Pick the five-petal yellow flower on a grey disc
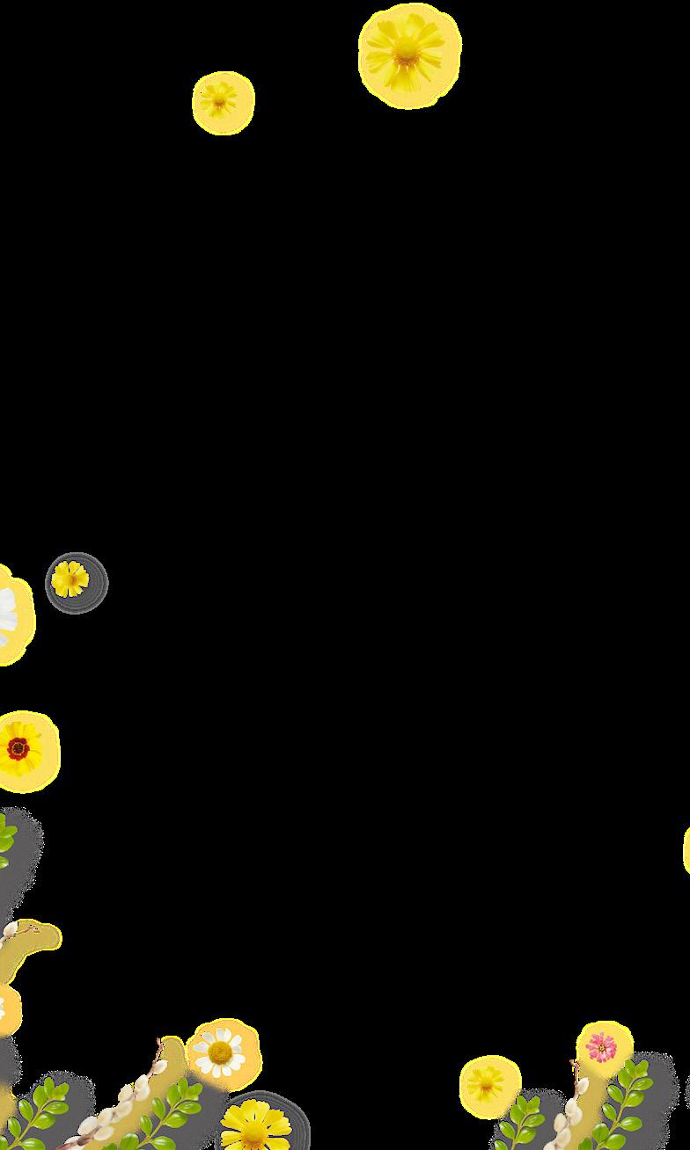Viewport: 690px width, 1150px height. (x=70, y=579)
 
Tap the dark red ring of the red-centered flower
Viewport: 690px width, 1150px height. (x=18, y=748)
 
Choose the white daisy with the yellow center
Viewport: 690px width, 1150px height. (x=219, y=1052)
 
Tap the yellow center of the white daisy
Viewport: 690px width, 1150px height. (x=219, y=1052)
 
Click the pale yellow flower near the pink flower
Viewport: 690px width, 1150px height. (x=487, y=1084)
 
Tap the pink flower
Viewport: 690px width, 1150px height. (x=602, y=1046)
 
